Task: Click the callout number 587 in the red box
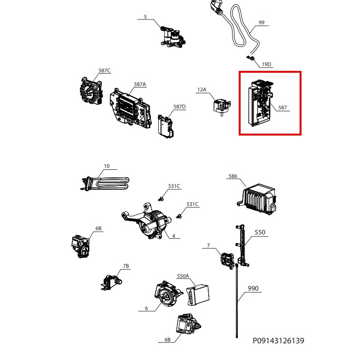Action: tap(282, 107)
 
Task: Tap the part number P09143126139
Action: tap(278, 341)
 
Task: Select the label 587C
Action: tap(105, 70)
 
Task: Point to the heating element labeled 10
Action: tap(105, 184)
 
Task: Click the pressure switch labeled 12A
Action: tap(222, 107)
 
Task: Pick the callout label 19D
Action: tap(266, 64)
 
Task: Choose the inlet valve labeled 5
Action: tap(173, 37)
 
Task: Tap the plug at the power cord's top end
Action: tap(216, 7)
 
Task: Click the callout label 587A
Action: tap(140, 85)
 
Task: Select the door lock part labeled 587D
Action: tap(165, 127)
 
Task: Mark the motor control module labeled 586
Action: tap(257, 199)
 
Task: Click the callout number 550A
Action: tap(183, 276)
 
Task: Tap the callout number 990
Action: tap(253, 289)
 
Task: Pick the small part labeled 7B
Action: tap(111, 282)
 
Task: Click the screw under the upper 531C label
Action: tap(161, 199)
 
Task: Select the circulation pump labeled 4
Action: tap(146, 221)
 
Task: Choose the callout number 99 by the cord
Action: tap(262, 22)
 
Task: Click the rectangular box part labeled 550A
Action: tap(198, 295)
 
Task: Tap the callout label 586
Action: tap(233, 176)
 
